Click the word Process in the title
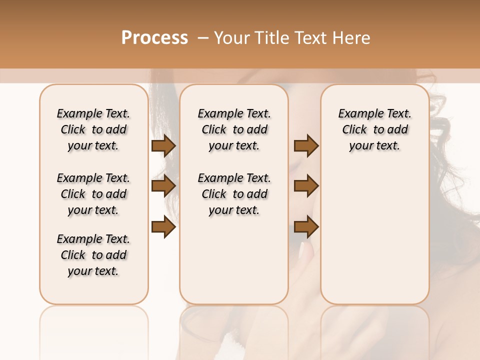pos(154,38)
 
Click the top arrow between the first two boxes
pos(163,146)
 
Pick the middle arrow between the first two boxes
pos(163,186)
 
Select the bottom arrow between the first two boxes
pos(163,227)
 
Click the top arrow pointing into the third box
pos(306,145)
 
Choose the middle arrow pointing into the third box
pos(306,186)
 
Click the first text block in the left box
pos(93,129)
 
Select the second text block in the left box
pos(93,194)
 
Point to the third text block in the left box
pos(93,255)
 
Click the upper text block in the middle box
pos(234,129)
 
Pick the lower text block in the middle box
pos(234,194)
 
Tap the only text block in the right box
pos(375,129)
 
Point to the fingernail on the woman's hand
pos(302,248)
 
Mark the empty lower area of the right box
pos(375,235)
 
